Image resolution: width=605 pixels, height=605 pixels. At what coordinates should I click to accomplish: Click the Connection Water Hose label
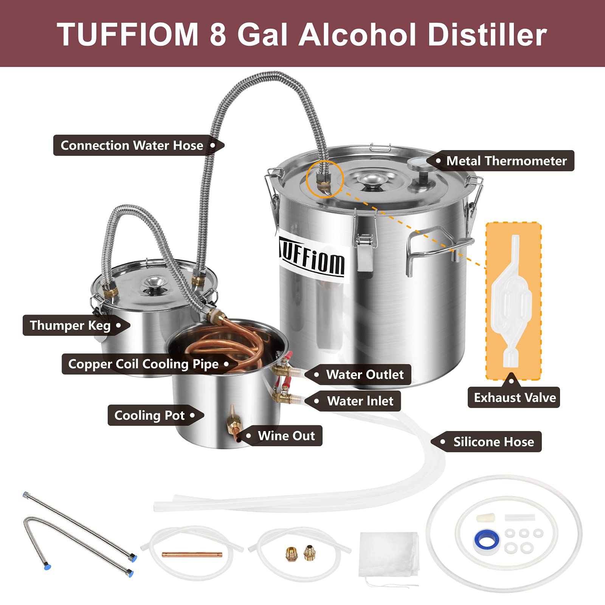coord(132,146)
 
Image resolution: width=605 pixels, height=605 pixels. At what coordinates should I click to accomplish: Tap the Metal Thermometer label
coord(506,161)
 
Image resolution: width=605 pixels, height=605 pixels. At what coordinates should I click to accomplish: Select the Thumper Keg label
coord(70,326)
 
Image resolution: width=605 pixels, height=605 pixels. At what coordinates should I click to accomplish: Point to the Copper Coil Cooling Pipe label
coord(143,364)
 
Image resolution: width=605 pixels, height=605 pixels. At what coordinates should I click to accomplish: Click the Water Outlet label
coord(365,375)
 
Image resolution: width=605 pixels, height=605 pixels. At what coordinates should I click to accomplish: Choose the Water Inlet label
coord(360,401)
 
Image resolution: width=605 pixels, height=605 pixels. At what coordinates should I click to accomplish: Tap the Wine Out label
coord(286,436)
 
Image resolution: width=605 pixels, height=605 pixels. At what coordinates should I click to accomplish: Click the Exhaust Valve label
coord(515,398)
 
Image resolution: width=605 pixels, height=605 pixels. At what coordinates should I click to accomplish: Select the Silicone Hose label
coord(493,442)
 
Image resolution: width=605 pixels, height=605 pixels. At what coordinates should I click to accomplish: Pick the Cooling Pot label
coord(150,416)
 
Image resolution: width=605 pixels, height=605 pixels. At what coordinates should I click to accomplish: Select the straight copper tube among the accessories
coord(192,555)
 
